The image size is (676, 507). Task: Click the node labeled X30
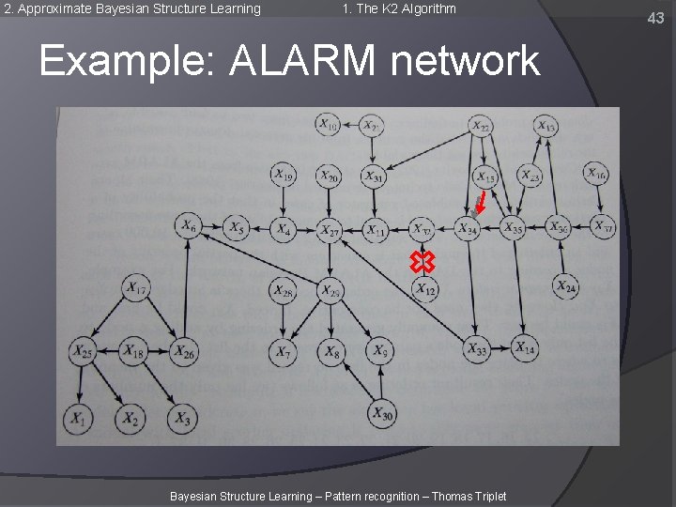click(381, 411)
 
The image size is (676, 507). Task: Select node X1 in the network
click(78, 419)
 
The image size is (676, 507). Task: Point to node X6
click(189, 226)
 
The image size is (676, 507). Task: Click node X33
click(477, 350)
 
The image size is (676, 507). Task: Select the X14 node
click(525, 348)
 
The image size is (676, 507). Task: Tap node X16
click(596, 174)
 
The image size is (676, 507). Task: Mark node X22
click(480, 126)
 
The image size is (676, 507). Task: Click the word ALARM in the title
click(302, 61)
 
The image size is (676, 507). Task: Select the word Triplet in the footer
click(486, 496)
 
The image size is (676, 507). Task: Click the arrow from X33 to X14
click(500, 349)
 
